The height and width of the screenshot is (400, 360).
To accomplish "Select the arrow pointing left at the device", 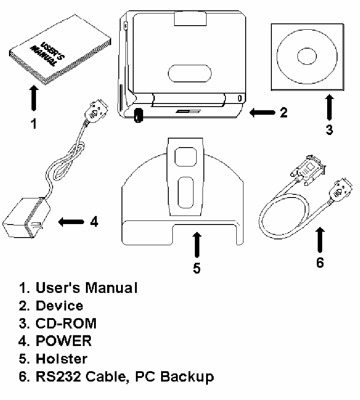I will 260,112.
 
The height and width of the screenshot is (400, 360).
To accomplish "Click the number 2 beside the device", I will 283,112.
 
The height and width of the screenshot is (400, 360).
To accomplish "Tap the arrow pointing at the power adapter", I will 71,221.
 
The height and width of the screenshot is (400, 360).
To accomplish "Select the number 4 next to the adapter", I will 94,221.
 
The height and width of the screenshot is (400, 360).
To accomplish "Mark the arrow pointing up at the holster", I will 197,245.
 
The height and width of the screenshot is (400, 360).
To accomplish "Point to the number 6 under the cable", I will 320,262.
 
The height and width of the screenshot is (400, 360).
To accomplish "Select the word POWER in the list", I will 64,341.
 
